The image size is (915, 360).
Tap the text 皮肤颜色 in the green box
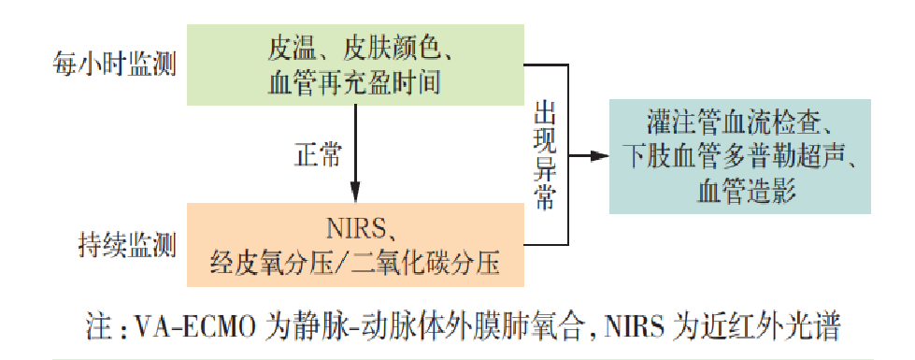point(383,45)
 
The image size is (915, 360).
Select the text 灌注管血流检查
point(734,122)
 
